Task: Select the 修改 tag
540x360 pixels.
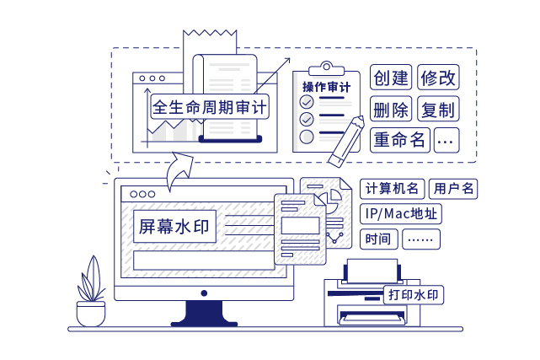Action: [437, 78]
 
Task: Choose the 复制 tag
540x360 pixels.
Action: [437, 110]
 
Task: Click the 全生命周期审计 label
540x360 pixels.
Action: [209, 108]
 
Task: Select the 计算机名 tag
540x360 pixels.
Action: [391, 189]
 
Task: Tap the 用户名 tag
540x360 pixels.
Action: [453, 189]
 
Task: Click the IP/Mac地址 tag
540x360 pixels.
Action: [400, 213]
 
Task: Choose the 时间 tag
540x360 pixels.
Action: [378, 239]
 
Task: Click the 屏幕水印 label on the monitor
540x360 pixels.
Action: [175, 226]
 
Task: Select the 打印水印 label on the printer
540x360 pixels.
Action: [414, 295]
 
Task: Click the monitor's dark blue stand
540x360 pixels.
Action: [203, 314]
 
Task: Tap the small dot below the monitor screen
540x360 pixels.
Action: [203, 293]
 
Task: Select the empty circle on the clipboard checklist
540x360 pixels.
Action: [307, 135]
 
